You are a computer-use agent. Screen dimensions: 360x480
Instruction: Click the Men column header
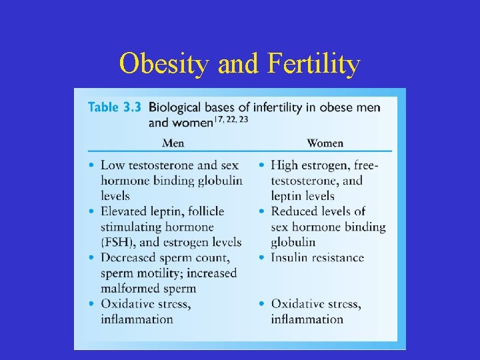coord(173,143)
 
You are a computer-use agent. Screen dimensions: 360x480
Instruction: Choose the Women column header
coord(325,143)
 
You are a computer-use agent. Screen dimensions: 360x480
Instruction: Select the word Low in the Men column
coord(113,165)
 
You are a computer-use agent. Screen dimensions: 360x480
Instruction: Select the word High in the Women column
coord(285,165)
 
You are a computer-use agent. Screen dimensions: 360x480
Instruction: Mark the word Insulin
coord(289,257)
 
